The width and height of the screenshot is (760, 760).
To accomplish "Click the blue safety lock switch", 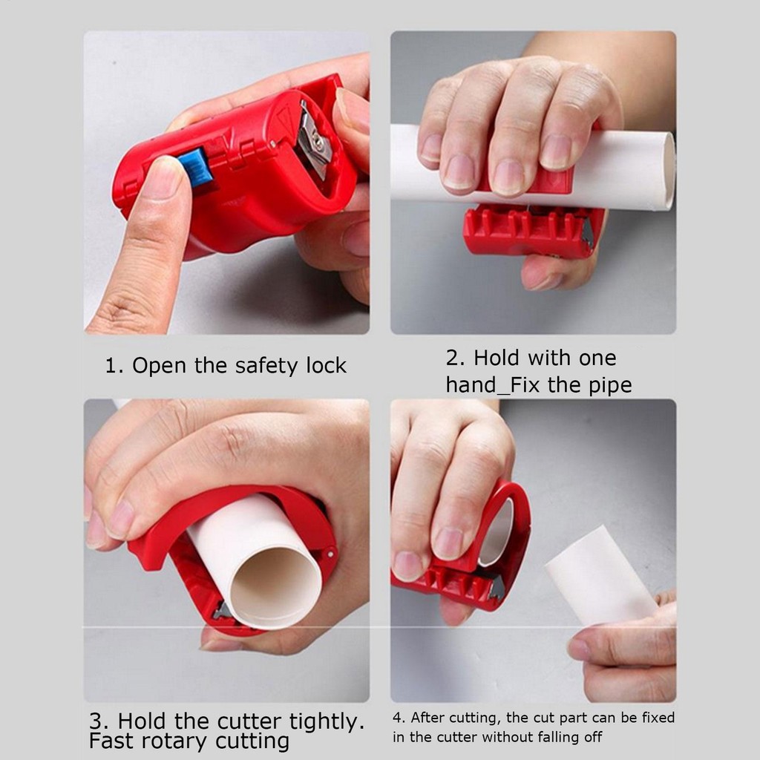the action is [196, 167].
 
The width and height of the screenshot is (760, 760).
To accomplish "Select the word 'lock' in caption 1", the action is [327, 365].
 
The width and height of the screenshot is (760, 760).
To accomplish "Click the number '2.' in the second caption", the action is [455, 358].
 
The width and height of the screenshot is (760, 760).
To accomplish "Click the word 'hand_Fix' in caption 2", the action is [493, 385].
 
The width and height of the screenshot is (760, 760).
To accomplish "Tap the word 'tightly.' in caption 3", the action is [327, 721].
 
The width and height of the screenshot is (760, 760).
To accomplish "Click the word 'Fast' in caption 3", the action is [114, 741].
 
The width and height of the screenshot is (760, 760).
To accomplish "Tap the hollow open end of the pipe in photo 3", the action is [275, 587].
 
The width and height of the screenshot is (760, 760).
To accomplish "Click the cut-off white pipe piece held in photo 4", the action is [600, 575].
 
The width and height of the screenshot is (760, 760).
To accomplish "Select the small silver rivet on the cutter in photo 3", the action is [330, 554].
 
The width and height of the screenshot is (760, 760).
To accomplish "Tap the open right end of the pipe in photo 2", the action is [669, 171].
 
